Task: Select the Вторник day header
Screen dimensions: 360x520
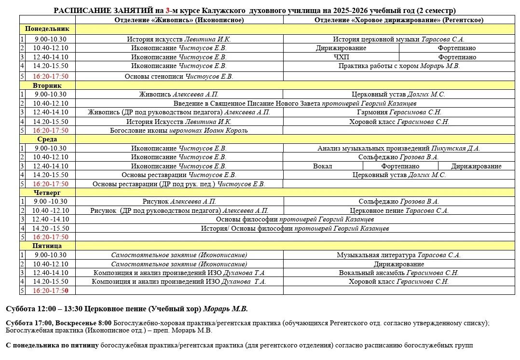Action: [x=47, y=85]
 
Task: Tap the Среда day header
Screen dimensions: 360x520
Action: [x=47, y=139]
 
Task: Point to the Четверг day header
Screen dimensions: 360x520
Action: [x=47, y=193]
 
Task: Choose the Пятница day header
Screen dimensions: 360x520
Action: [x=47, y=246]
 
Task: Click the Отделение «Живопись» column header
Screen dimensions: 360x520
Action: [x=179, y=20]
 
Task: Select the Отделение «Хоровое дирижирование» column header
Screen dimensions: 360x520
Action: [x=398, y=20]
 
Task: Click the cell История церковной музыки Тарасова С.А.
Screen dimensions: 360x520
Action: [x=398, y=40]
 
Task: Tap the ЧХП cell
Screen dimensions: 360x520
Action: [x=341, y=57]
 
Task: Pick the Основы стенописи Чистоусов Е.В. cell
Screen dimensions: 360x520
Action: [x=179, y=76]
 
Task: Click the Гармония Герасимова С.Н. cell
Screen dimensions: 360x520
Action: [x=398, y=112]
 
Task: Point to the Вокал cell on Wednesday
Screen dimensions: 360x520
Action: [x=322, y=166]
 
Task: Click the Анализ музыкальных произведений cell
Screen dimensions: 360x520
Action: [x=398, y=149]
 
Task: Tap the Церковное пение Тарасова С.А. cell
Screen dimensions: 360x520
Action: [x=398, y=210]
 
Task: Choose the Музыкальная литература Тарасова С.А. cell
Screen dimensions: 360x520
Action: [x=398, y=255]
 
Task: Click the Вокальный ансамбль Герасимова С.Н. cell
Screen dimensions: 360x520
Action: [x=398, y=273]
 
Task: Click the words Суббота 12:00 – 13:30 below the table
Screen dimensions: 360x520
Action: [x=48, y=309]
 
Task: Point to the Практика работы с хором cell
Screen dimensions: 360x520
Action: [x=398, y=66]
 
